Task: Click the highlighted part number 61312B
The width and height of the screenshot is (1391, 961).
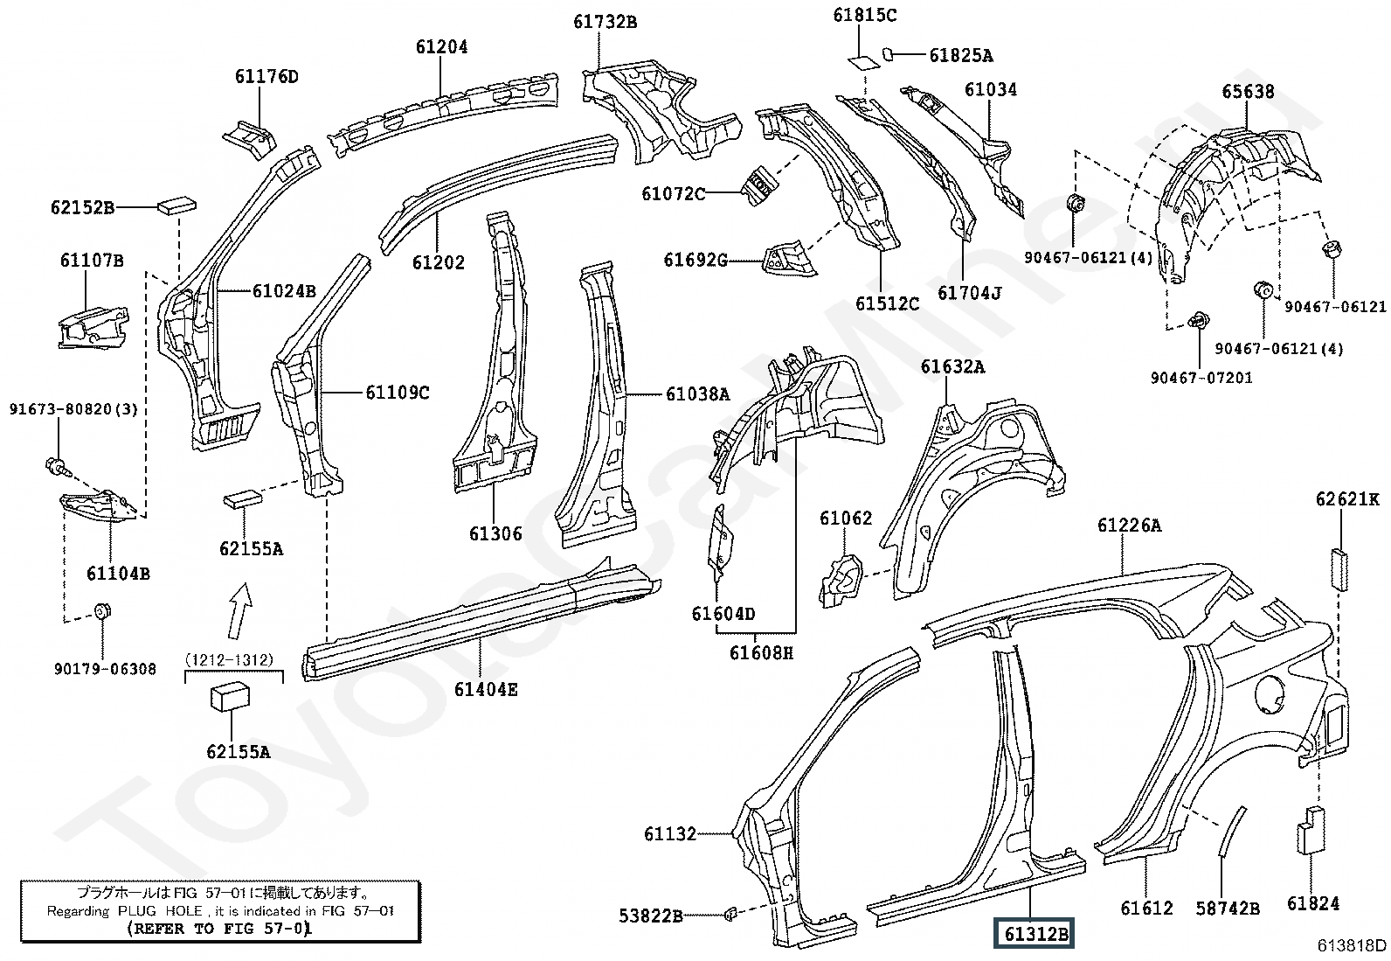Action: click(x=1034, y=933)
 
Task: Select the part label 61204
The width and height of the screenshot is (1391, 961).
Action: click(x=441, y=46)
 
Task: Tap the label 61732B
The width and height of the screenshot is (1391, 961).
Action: click(x=605, y=22)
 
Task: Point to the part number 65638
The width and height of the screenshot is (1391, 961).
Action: click(x=1248, y=91)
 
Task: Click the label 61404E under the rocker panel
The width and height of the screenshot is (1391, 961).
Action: click(x=486, y=689)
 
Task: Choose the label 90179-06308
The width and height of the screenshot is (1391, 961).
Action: click(x=105, y=669)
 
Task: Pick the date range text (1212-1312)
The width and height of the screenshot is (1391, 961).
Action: click(x=229, y=659)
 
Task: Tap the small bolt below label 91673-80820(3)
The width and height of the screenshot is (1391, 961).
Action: click(x=56, y=466)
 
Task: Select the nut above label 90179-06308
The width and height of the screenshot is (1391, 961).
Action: click(x=102, y=611)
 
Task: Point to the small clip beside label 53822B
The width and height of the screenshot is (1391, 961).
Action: click(x=730, y=914)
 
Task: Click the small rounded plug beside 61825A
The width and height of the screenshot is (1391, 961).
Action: click(x=889, y=54)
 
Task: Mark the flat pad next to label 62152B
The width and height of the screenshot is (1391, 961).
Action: click(x=177, y=205)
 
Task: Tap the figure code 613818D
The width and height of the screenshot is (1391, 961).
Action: click(x=1353, y=945)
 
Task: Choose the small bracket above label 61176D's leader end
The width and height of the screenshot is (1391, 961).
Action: click(x=249, y=139)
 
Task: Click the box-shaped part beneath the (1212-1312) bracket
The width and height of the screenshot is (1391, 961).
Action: click(x=231, y=698)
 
